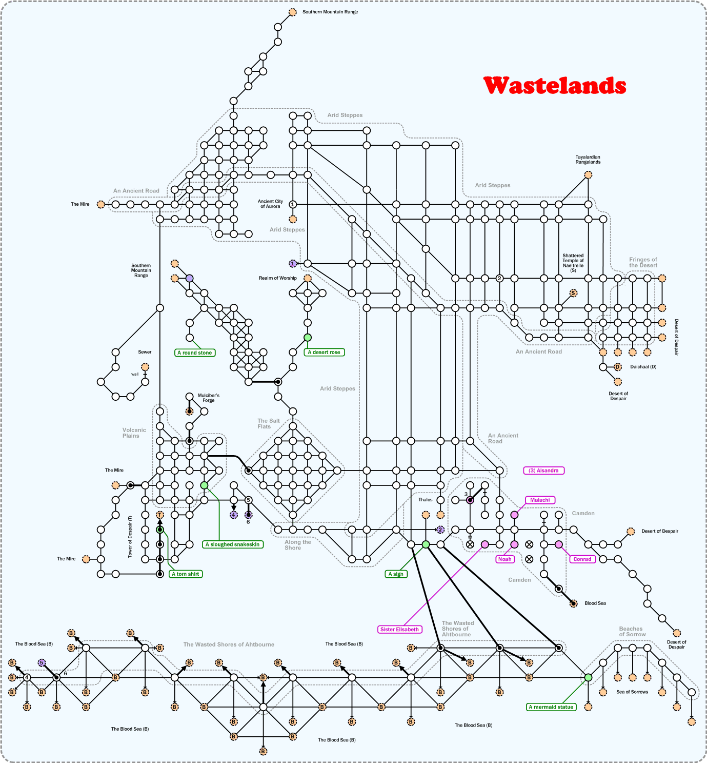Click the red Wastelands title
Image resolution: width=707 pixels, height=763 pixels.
click(x=555, y=86)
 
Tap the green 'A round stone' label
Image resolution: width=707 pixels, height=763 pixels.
click(x=194, y=353)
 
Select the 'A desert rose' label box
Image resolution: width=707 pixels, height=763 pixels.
click(x=324, y=352)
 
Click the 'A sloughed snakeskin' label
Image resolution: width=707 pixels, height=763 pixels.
click(x=233, y=544)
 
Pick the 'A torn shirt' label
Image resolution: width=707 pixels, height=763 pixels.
click(x=186, y=574)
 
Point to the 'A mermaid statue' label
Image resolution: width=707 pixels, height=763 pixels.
click(x=551, y=707)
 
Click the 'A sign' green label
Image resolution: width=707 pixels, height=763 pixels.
click(x=396, y=574)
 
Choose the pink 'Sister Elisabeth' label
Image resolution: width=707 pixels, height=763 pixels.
click(x=399, y=630)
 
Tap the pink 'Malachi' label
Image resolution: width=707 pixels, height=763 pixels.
click(x=540, y=500)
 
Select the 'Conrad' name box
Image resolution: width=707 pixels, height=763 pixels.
click(x=582, y=559)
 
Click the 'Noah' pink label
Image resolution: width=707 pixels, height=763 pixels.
click(x=505, y=559)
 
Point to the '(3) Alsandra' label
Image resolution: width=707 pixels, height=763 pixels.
click(x=543, y=471)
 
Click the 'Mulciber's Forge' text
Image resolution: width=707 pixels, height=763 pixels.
click(x=209, y=398)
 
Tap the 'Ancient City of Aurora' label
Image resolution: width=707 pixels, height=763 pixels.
click(x=270, y=204)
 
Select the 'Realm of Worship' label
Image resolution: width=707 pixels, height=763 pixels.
click(x=277, y=278)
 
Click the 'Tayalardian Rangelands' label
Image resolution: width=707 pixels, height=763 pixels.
click(x=588, y=160)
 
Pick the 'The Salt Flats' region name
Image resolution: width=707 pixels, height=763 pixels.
click(x=269, y=423)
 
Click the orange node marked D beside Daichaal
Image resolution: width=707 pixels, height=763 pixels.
click(x=618, y=367)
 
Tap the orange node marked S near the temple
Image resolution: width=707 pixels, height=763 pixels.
click(x=573, y=293)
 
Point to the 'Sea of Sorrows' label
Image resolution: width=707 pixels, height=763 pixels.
click(x=632, y=692)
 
